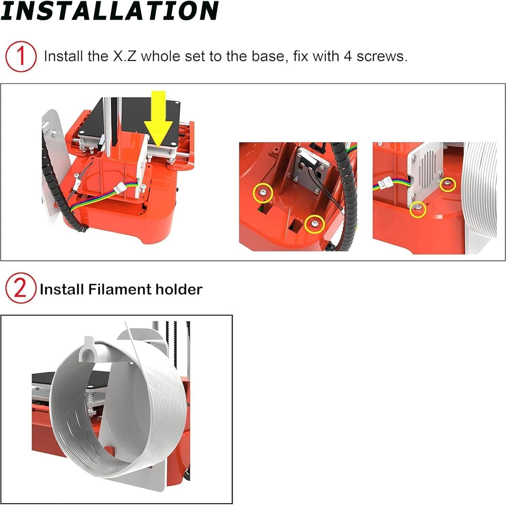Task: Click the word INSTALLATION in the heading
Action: [109, 11]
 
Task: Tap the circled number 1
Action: [21, 56]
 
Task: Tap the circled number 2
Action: [20, 289]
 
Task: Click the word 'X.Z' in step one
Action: [124, 56]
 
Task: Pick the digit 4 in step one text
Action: [348, 56]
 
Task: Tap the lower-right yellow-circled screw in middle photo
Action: [315, 224]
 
